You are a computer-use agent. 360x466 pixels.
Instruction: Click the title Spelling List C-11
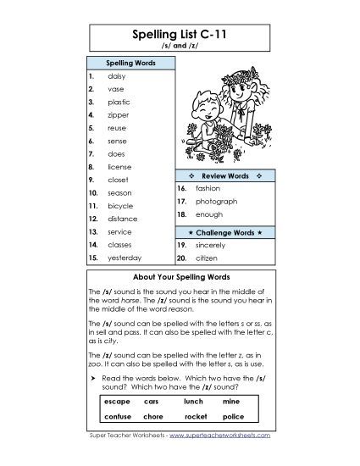(x=180, y=36)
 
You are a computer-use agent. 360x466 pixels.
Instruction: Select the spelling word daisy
(x=117, y=76)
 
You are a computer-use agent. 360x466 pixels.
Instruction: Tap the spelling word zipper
(x=119, y=114)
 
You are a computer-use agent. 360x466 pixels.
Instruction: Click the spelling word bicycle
(x=120, y=206)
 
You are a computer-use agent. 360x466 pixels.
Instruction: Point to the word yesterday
(x=125, y=258)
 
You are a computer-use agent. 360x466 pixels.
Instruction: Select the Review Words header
(x=224, y=175)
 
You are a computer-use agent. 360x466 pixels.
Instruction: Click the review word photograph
(x=216, y=202)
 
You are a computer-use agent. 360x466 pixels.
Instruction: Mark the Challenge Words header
(x=224, y=230)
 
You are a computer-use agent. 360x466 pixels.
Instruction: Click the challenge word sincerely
(x=212, y=244)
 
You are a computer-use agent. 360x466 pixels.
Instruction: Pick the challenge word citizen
(x=208, y=258)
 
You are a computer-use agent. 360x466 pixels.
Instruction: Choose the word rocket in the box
(x=196, y=417)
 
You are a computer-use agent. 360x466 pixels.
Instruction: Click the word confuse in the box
(x=117, y=417)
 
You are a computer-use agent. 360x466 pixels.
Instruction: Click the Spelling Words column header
(x=130, y=63)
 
